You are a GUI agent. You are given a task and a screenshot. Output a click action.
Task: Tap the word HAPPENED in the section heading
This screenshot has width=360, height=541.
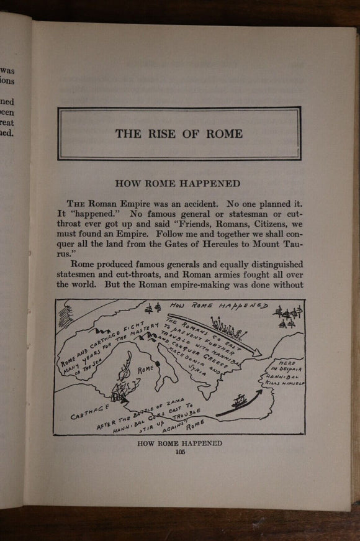[x=209, y=183]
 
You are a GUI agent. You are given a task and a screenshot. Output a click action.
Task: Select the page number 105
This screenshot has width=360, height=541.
[x=180, y=452]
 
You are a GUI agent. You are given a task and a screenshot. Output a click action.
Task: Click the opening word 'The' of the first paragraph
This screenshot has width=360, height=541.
[x=75, y=202]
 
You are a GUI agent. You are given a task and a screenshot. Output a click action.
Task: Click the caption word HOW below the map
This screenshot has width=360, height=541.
[x=149, y=443]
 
